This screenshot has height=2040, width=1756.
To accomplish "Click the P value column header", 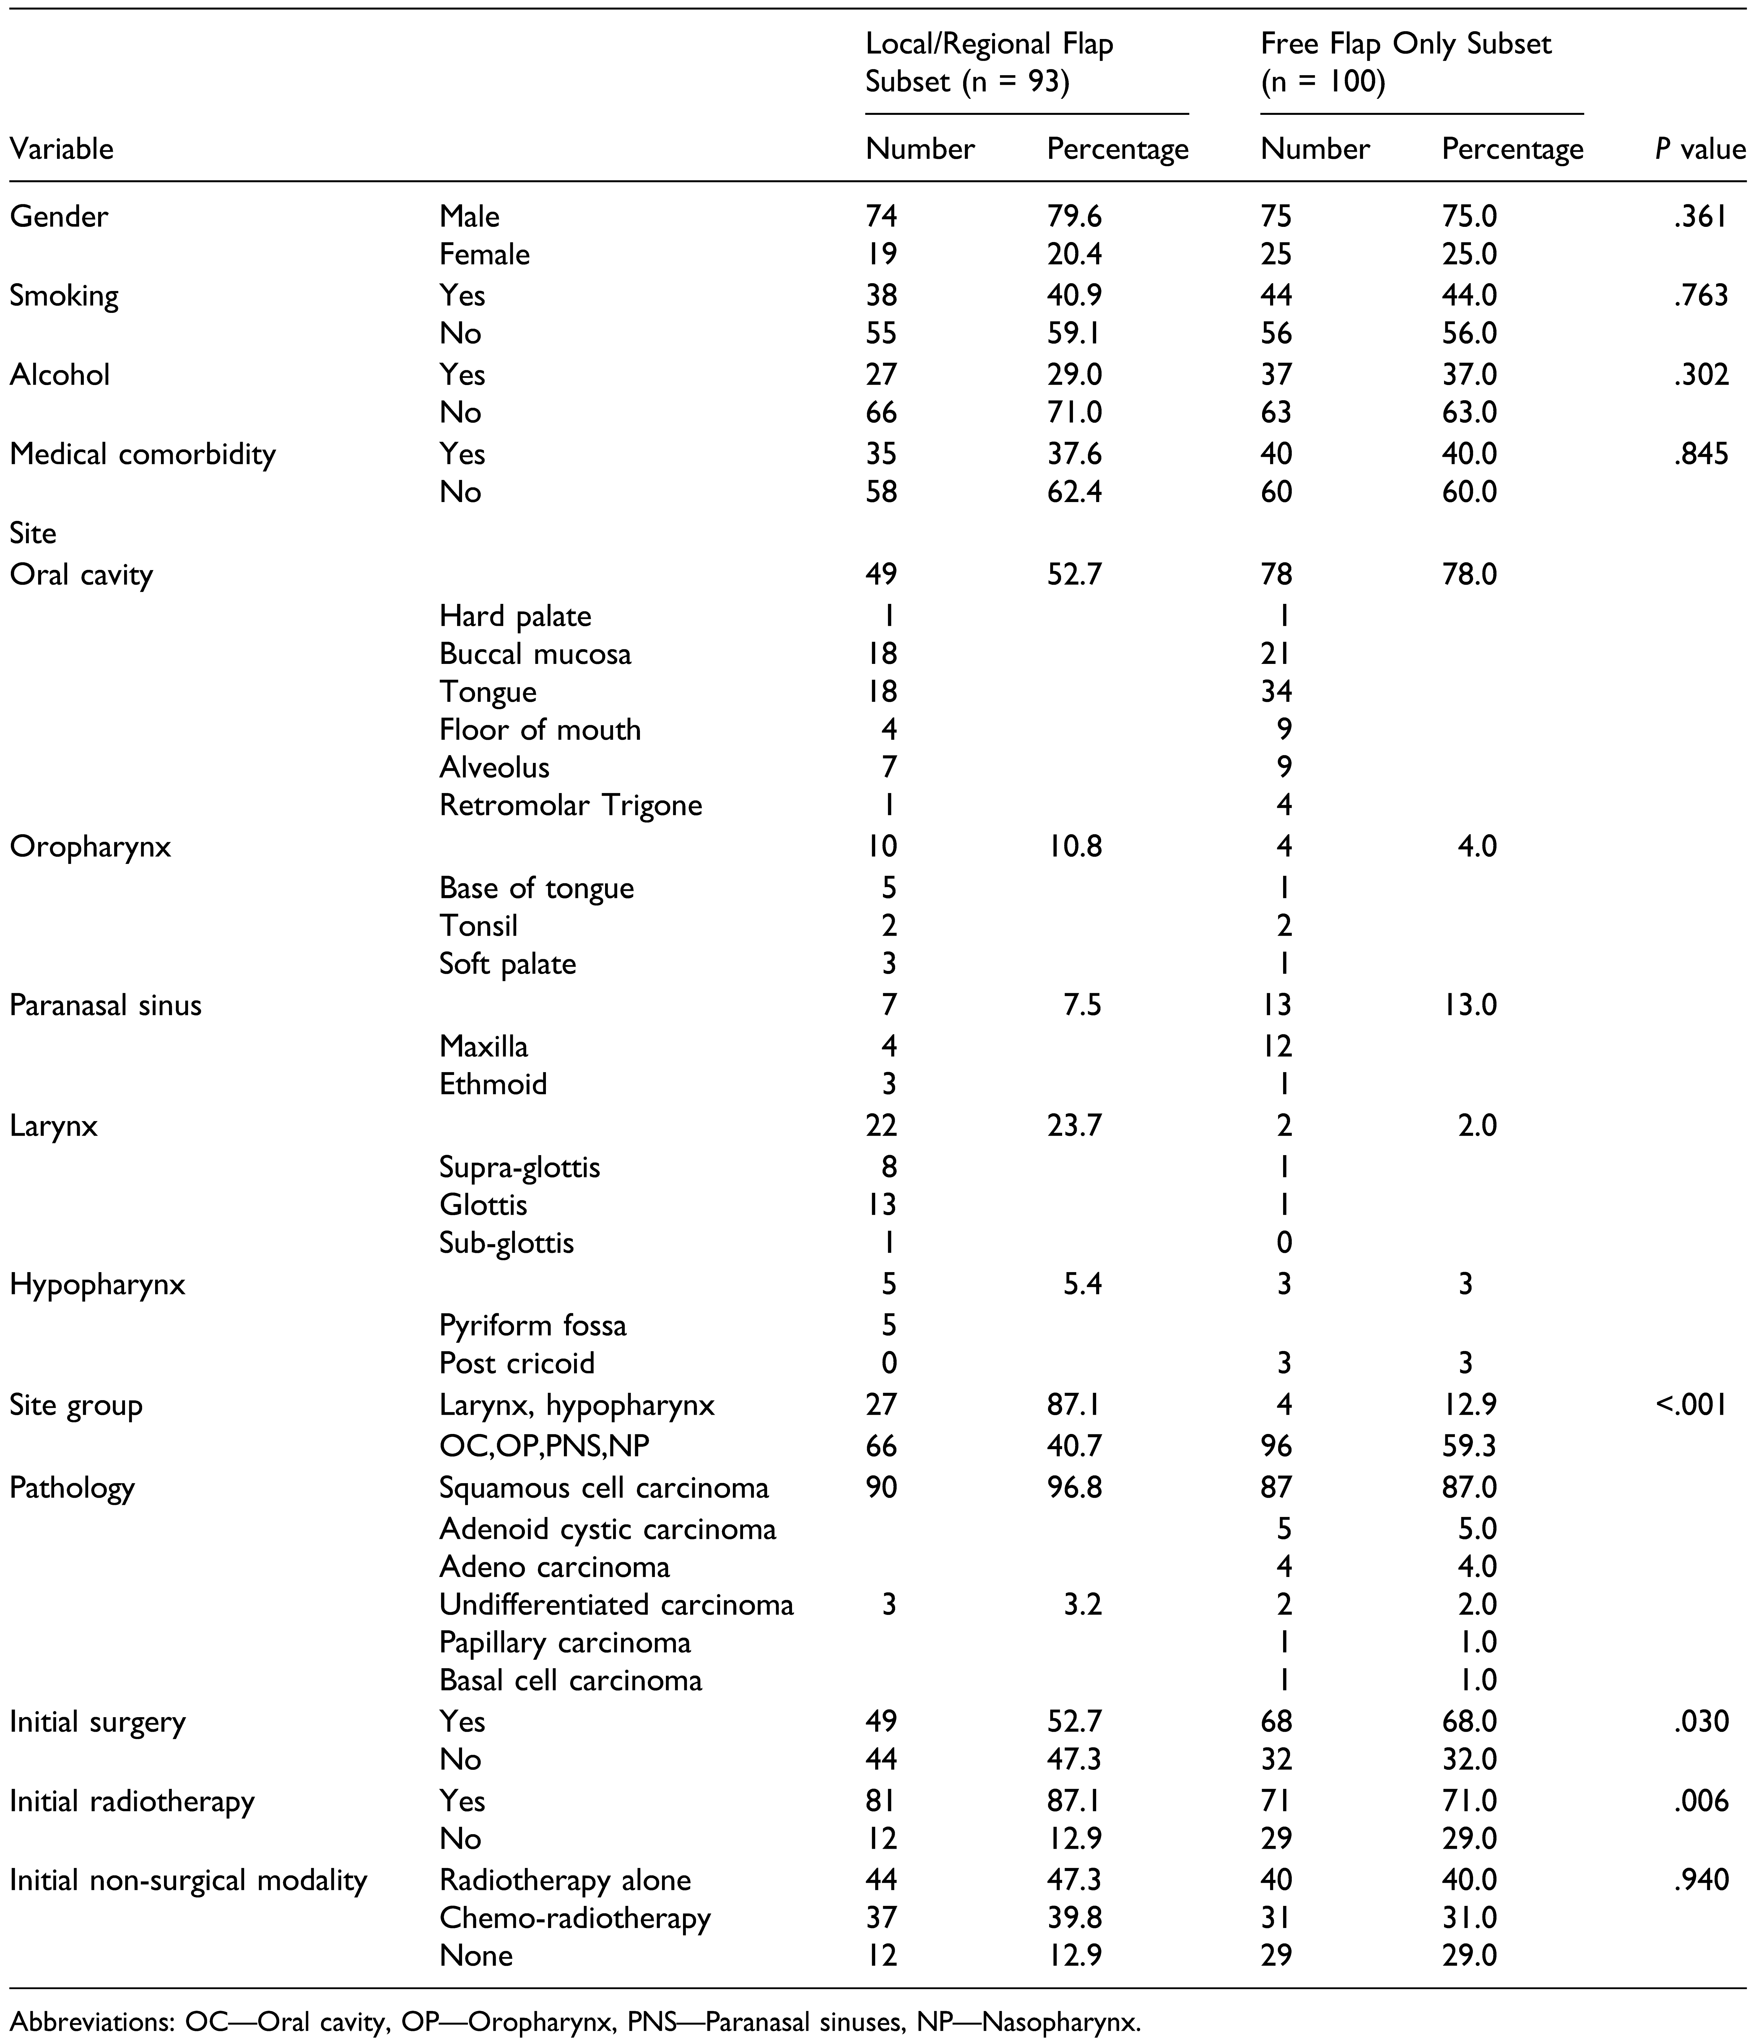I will (1700, 150).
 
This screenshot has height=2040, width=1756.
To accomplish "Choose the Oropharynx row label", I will (91, 847).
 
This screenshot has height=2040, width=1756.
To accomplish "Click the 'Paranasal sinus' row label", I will (105, 1005).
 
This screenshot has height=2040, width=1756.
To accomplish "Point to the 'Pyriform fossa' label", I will (533, 1325).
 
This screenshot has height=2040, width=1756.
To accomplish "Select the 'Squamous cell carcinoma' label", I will (603, 1488).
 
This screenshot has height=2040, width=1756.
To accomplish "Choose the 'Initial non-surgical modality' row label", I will (188, 1881).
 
